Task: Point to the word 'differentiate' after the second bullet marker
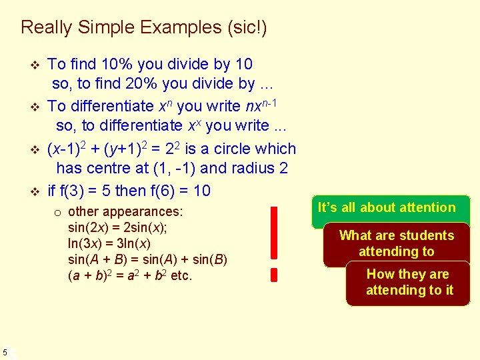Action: point(117,106)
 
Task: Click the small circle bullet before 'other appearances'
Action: point(58,213)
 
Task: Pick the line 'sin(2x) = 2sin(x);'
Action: point(117,227)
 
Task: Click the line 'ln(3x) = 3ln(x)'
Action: point(110,243)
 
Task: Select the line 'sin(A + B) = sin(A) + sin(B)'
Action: point(147,259)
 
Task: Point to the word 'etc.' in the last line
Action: point(181,275)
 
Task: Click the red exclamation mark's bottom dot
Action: point(273,274)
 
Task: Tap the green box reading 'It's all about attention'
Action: point(387,208)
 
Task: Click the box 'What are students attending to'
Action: point(396,243)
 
